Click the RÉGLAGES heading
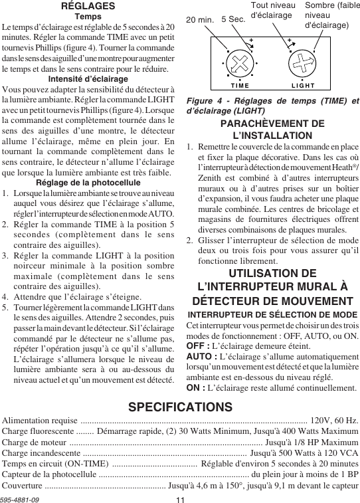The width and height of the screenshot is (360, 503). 88,5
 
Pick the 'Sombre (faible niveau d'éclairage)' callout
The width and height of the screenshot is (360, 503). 331,15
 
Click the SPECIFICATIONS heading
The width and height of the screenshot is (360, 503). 180,407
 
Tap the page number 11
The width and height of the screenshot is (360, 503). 180,498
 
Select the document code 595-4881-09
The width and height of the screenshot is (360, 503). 20,498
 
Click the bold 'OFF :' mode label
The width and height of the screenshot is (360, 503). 197,346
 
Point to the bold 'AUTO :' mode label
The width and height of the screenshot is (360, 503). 201,358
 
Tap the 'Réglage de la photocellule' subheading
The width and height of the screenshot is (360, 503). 88,183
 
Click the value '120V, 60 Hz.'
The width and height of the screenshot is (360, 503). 335,421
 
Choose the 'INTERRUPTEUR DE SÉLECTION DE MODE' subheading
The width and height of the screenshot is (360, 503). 272,314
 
